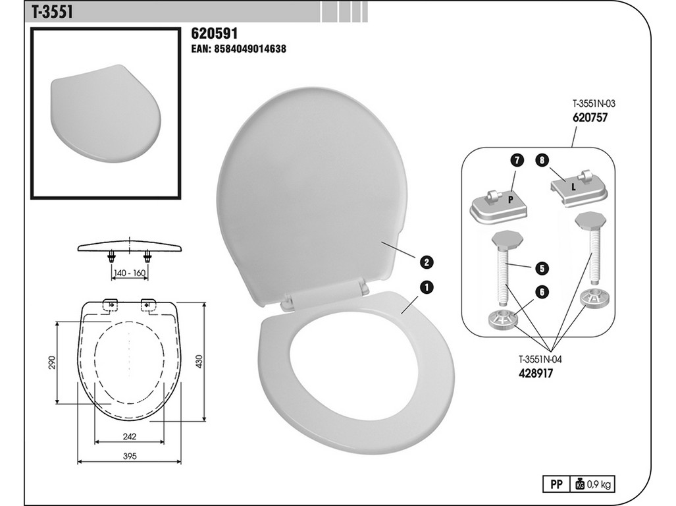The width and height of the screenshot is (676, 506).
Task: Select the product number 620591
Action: click(x=215, y=34)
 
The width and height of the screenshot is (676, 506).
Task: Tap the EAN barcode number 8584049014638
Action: click(x=238, y=49)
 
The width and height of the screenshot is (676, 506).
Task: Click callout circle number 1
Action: click(x=427, y=287)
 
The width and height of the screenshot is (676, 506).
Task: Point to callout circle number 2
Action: click(x=427, y=262)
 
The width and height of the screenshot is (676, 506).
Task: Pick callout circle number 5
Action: click(x=542, y=268)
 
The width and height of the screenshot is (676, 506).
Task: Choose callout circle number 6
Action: click(x=542, y=292)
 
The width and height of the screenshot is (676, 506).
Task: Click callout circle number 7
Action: click(x=517, y=161)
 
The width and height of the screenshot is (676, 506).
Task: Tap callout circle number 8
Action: click(x=542, y=161)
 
